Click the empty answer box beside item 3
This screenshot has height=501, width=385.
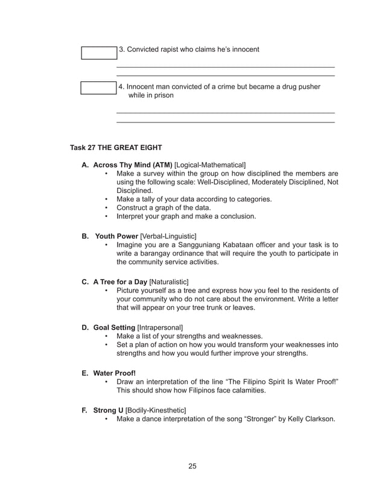point(99,52)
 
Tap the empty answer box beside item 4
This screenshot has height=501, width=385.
point(99,89)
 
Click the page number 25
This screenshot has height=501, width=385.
point(192,465)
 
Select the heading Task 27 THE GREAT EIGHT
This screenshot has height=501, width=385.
point(116,147)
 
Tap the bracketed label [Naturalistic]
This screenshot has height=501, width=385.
point(169,282)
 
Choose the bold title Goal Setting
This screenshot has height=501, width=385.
point(114,327)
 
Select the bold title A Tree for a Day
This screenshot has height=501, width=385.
point(120,282)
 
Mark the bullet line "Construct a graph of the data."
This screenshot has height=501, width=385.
point(170,207)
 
